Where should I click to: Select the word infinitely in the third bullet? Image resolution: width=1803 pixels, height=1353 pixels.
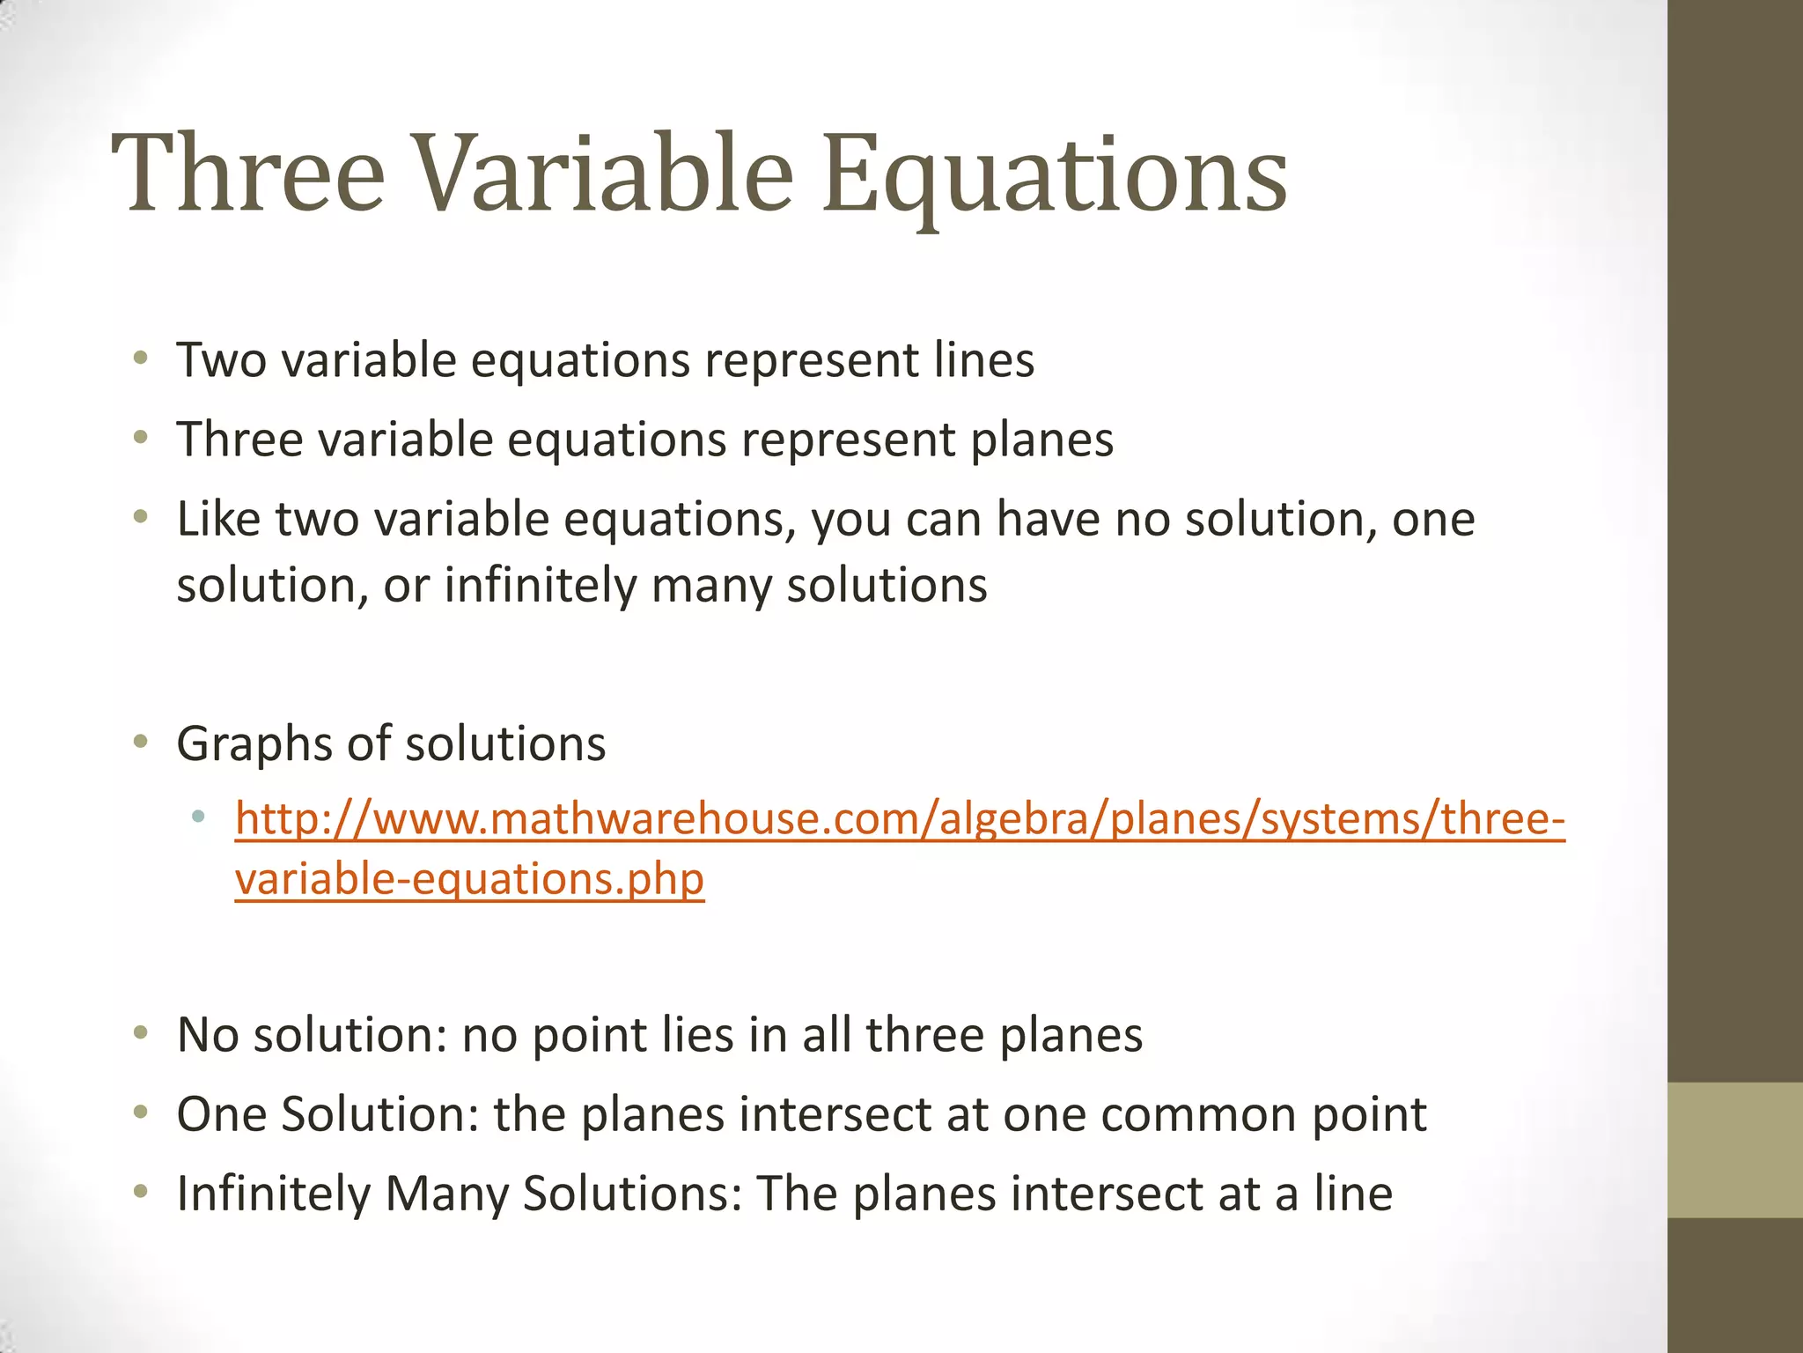(x=540, y=586)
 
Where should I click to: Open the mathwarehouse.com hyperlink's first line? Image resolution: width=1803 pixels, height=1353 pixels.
(x=899, y=820)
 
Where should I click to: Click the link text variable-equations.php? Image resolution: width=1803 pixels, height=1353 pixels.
(x=469, y=879)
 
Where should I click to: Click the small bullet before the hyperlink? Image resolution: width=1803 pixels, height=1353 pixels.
(x=198, y=817)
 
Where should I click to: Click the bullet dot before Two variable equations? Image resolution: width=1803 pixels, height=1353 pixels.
(x=141, y=359)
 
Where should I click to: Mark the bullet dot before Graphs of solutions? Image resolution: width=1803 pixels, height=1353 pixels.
(x=141, y=743)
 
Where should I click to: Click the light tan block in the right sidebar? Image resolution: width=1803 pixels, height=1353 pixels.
(x=1734, y=1150)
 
